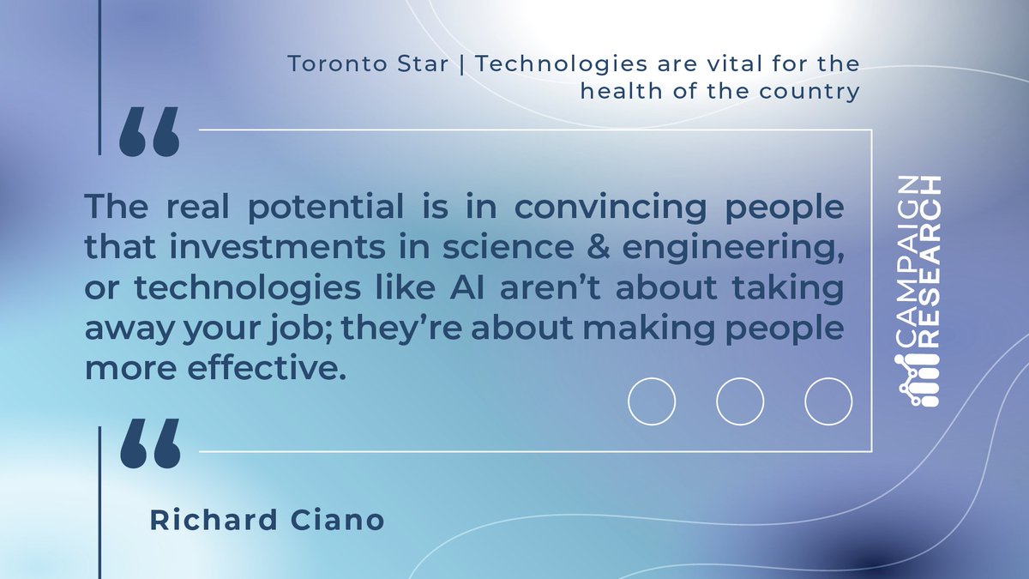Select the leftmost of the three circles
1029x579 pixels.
coord(652,401)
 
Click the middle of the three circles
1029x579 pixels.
coord(740,401)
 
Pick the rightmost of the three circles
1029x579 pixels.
coord(828,401)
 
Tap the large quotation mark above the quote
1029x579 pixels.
coord(149,132)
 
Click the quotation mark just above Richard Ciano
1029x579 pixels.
coord(149,443)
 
